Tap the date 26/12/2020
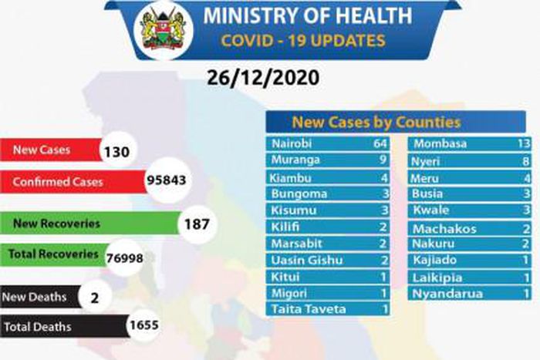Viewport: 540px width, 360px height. [262, 79]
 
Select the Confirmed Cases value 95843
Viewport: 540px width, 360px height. [167, 182]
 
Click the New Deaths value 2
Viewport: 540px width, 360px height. [94, 295]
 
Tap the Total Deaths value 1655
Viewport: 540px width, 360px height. [144, 326]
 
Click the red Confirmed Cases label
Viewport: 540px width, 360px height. [57, 183]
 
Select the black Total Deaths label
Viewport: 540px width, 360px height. [38, 327]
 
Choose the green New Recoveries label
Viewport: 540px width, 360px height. [57, 224]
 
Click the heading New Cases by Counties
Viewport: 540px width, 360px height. [376, 122]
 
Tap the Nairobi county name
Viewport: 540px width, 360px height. [293, 143]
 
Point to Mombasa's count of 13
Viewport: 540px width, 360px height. [525, 143]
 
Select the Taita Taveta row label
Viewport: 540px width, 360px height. [309, 309]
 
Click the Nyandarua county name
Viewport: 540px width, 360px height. [448, 294]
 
